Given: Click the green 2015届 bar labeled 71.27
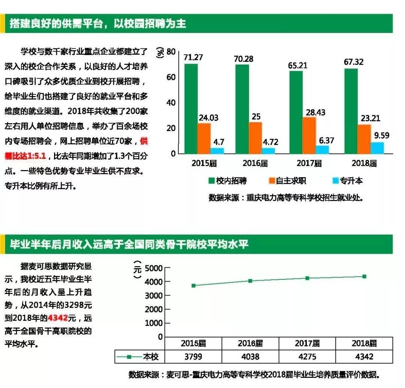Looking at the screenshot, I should (x=191, y=109).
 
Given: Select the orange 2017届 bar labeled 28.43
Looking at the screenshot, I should (x=309, y=135).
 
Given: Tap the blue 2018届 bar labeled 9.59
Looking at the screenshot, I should (x=377, y=148).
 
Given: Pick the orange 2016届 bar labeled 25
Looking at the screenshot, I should (x=255, y=137).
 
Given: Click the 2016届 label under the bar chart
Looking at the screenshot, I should (x=255, y=163).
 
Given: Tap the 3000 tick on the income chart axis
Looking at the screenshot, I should (x=154, y=295).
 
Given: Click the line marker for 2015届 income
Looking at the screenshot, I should (x=193, y=285).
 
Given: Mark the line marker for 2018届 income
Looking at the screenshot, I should (x=364, y=276).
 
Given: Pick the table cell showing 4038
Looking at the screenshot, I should (x=250, y=357).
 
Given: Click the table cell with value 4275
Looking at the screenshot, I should (x=307, y=357).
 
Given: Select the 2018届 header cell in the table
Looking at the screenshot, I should (x=364, y=343).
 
